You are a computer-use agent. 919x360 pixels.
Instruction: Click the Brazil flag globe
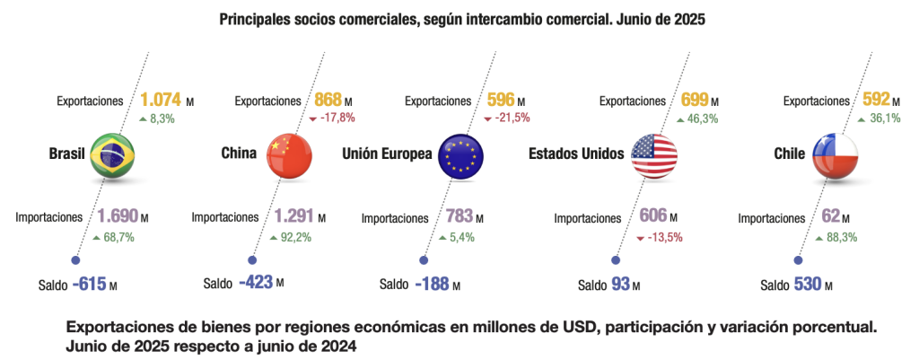[x=113, y=154]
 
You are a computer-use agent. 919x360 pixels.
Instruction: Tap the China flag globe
[x=286, y=154]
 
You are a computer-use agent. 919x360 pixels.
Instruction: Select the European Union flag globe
[x=462, y=154]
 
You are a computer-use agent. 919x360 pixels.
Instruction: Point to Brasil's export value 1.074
[x=161, y=101]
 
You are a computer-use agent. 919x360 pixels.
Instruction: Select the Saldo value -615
[x=89, y=285]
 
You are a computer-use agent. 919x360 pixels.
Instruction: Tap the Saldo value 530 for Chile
[x=808, y=285]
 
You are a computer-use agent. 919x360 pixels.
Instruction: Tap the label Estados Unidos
[x=575, y=154]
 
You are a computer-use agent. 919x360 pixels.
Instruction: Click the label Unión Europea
[x=387, y=154]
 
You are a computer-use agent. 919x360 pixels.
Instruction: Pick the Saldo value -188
[x=433, y=285]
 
